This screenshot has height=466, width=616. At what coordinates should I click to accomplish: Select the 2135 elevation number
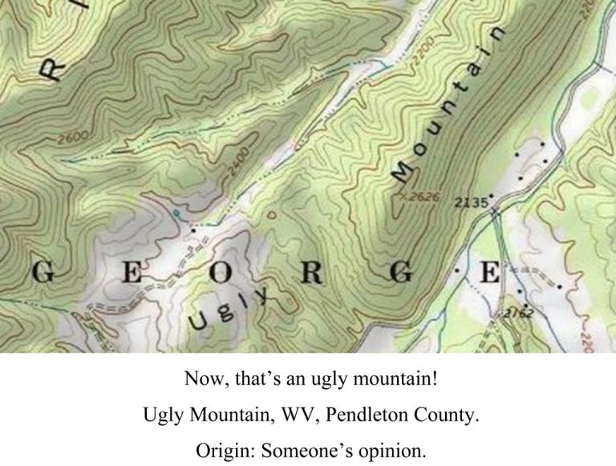[471, 204]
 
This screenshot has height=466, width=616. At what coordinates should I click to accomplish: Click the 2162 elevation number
[518, 311]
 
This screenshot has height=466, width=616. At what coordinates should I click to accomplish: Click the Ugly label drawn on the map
[229, 310]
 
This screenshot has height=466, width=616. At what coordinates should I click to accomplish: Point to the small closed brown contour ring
[271, 214]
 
